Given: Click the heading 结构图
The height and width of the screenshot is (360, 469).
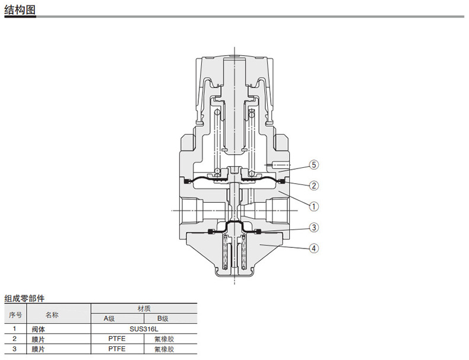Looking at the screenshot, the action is pyautogui.click(x=20, y=9).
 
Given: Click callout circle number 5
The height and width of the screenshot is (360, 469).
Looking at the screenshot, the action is pyautogui.click(x=314, y=165).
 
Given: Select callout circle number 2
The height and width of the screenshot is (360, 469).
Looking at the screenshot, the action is pyautogui.click(x=314, y=186).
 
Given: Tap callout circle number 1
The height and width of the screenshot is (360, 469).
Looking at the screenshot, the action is pyautogui.click(x=314, y=206).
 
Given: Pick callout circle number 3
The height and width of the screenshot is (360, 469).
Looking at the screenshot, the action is pyautogui.click(x=314, y=227).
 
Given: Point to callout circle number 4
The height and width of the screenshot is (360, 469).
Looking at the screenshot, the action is pyautogui.click(x=314, y=249).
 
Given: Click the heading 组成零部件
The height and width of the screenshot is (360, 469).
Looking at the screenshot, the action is pyautogui.click(x=24, y=298).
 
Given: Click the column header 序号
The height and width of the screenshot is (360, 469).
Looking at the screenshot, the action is pyautogui.click(x=15, y=315).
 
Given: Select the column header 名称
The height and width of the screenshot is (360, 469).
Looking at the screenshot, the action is pyautogui.click(x=52, y=315).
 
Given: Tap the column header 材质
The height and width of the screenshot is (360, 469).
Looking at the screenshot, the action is pyautogui.click(x=144, y=308).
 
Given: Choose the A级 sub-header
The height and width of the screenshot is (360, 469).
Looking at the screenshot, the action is pyautogui.click(x=109, y=318).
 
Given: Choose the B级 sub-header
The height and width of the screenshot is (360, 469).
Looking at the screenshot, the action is pyautogui.click(x=163, y=318).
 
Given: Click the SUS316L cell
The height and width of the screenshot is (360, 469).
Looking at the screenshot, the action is pyautogui.click(x=144, y=329).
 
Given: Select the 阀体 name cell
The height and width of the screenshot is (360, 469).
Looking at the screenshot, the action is pyautogui.click(x=38, y=329).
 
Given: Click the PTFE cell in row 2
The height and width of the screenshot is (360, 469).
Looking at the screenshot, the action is pyautogui.click(x=117, y=339).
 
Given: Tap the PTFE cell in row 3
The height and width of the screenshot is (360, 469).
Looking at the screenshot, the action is pyautogui.click(x=117, y=349).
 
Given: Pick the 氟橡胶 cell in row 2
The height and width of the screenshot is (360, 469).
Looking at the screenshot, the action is pyautogui.click(x=164, y=339).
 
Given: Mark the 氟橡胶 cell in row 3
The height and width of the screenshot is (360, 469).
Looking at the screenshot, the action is pyautogui.click(x=164, y=349).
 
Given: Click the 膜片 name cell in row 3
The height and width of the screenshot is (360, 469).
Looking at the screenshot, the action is pyautogui.click(x=38, y=349).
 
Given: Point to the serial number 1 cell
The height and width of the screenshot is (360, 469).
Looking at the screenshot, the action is pyautogui.click(x=15, y=329).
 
